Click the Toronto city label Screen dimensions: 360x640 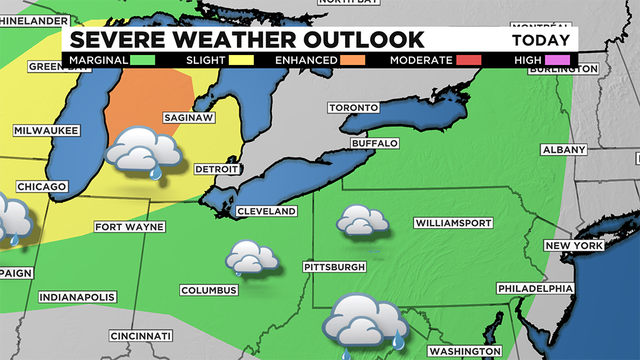pos(354,108)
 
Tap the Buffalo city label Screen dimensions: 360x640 pos(373,144)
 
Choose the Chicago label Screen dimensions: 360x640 pos(41,187)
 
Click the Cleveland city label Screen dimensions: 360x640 pos(266,212)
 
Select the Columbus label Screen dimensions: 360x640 pos(209,290)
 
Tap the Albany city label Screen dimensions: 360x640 pos(563,149)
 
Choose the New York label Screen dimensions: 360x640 pos(574,246)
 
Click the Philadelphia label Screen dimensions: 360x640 pos(538,288)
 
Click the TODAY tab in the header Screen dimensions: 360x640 pos(541,40)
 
